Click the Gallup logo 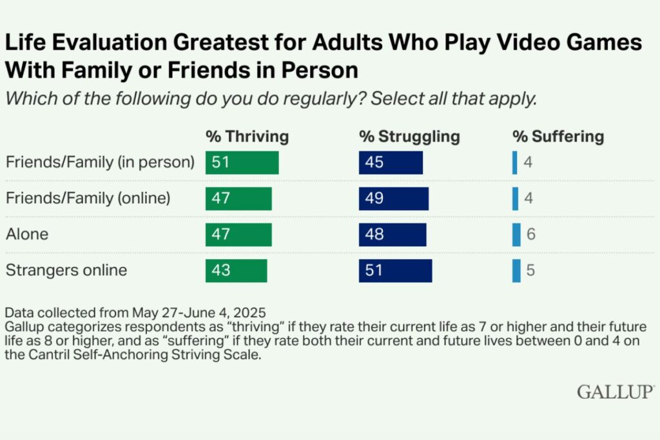click(616, 391)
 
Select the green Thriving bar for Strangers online click(236, 271)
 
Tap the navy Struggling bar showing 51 click(395, 271)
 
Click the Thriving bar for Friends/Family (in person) click(242, 162)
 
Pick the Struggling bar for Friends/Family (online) click(393, 198)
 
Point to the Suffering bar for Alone click(516, 234)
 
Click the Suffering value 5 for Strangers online click(530, 271)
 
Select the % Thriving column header click(247, 137)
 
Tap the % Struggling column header click(409, 137)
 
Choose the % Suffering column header click(558, 137)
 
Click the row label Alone click(27, 234)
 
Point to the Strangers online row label click(66, 271)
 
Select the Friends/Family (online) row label click(88, 198)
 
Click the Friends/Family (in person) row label click(100, 162)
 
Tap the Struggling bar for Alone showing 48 click(392, 234)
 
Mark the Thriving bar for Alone click(238, 234)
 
